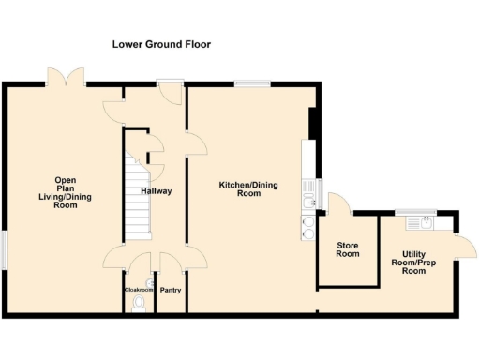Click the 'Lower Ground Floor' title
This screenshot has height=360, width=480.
[161, 44]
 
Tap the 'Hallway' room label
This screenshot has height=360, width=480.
[156, 191]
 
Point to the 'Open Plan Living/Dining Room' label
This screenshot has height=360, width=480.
[65, 191]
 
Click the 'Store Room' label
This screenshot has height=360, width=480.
[348, 248]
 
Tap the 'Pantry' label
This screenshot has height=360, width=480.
[171, 290]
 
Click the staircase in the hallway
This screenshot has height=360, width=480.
[138, 187]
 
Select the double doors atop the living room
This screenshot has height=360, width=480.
[67, 77]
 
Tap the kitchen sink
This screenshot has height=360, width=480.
[307, 197]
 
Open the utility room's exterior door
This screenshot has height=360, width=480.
[460, 247]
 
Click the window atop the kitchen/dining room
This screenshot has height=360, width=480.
[247, 84]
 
